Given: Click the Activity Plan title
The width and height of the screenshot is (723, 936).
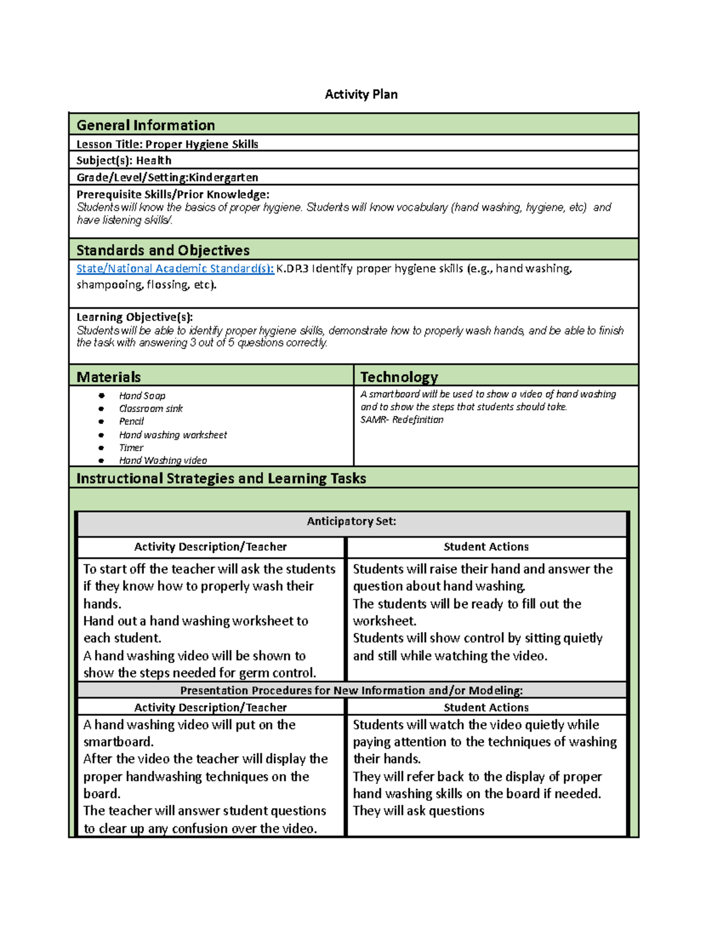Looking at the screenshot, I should tap(361, 94).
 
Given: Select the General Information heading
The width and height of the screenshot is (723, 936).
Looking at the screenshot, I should tap(145, 125).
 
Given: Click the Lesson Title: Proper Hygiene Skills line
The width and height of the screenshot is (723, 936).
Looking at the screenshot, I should tap(167, 144).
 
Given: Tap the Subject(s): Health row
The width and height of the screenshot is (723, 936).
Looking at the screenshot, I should tap(124, 160).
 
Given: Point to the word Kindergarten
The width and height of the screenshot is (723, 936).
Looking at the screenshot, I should tap(224, 177).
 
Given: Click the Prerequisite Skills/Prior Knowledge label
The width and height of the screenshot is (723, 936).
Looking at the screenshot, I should tap(172, 194).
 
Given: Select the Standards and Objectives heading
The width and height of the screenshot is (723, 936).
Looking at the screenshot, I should tap(163, 250).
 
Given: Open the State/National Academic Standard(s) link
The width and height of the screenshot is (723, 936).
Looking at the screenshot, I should tap(175, 268).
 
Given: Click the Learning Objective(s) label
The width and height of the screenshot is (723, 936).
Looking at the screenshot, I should tap(134, 317).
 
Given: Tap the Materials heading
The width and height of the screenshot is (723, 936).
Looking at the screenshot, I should tap(108, 377).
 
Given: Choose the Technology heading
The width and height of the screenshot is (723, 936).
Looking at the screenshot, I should tap(399, 377).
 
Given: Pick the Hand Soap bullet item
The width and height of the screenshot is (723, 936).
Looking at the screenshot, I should tap(142, 396).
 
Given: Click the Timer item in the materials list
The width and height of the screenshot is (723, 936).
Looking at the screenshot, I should tap(131, 448).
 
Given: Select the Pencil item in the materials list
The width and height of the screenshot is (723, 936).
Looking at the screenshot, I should tap(131, 421).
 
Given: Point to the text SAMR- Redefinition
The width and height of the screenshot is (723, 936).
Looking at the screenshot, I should tap(401, 419).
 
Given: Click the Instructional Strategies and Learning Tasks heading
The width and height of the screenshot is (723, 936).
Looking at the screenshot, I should tap(221, 478).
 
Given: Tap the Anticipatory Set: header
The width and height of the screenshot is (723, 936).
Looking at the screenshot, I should tap(351, 521).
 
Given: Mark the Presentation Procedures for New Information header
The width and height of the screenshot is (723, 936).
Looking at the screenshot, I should tap(351, 690).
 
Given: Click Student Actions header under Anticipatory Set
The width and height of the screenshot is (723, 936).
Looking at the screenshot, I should tap(486, 547).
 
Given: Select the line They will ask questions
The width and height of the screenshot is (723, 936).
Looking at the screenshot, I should tap(418, 811).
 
